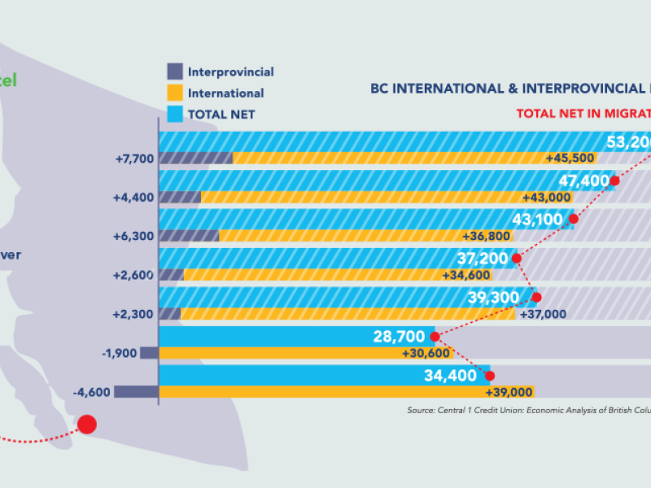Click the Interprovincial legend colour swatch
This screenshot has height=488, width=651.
[175, 72]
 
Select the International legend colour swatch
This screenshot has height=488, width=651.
[175, 93]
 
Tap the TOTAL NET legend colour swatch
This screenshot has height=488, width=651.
[175, 114]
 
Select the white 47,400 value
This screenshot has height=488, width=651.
[583, 181]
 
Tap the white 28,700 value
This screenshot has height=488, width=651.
[399, 336]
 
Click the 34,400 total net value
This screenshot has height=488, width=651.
[449, 375]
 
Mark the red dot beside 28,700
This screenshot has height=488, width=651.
[435, 336]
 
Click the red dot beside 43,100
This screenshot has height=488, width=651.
[574, 219]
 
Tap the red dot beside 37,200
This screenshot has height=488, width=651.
[516, 259]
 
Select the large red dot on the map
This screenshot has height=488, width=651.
[86, 424]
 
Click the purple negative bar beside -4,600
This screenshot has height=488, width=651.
[136, 392]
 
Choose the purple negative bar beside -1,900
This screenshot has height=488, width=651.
[149, 353]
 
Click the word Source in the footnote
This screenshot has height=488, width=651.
[422, 411]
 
